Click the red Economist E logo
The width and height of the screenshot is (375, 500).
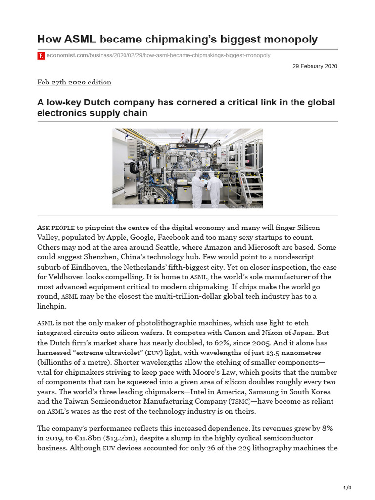click(x=41, y=56)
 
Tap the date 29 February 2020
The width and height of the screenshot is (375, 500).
click(x=314, y=66)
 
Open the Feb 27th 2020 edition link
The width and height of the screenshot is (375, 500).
click(x=74, y=82)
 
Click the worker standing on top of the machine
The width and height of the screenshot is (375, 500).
click(x=184, y=137)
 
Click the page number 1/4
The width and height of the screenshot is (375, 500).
click(x=347, y=488)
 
